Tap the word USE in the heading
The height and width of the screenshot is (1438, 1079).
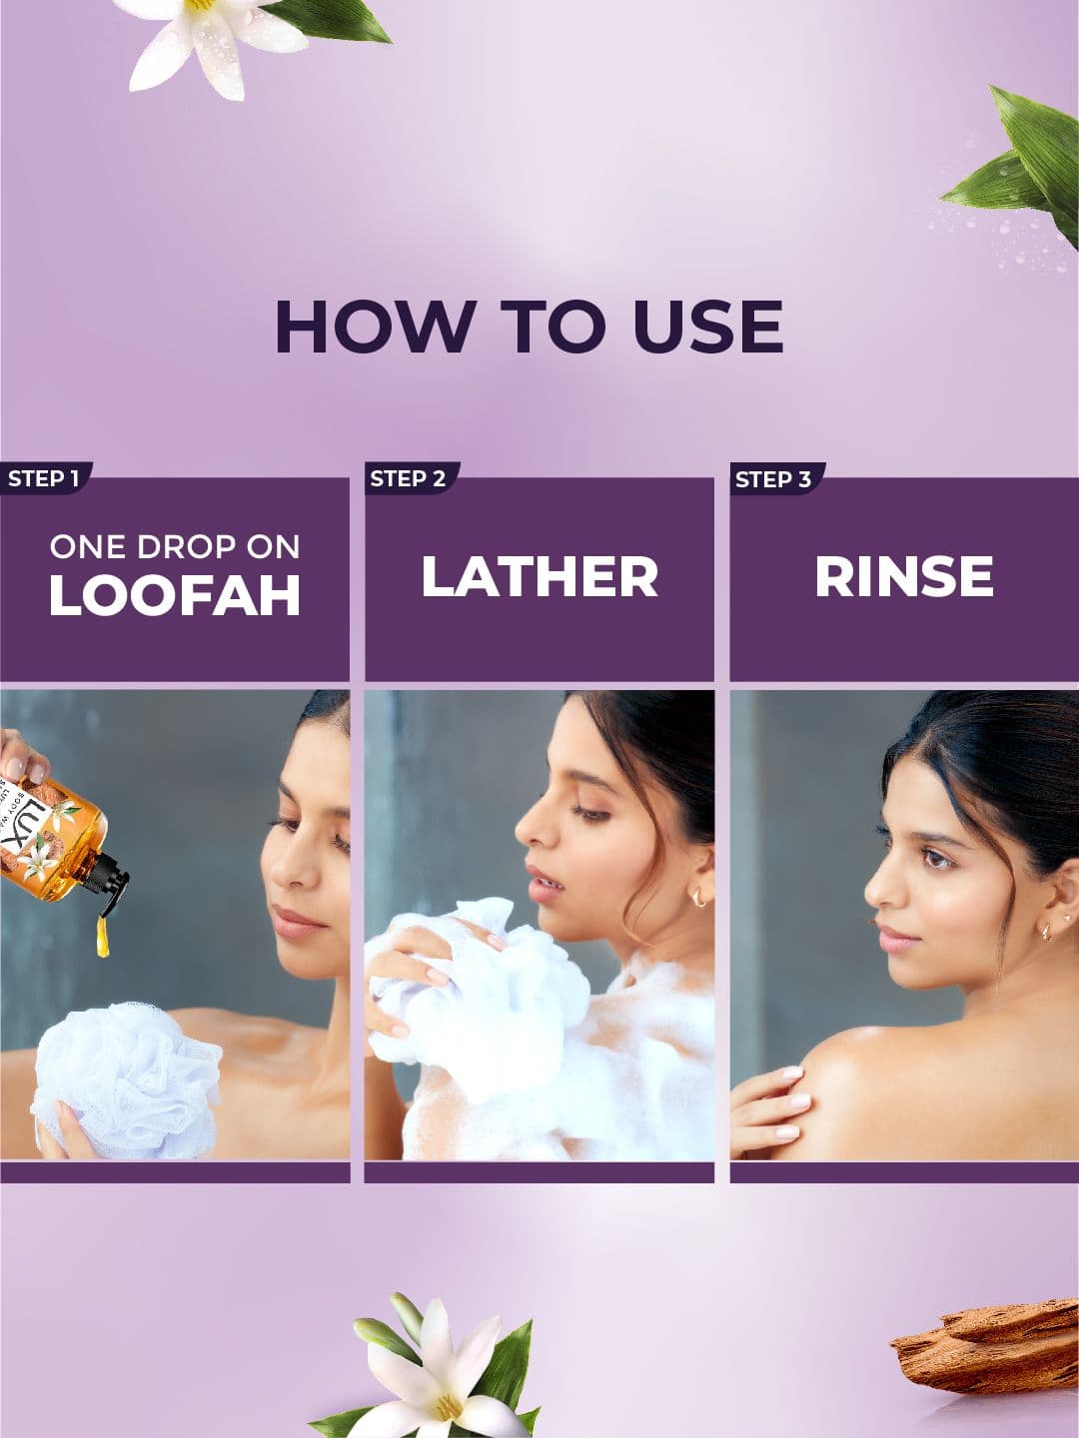point(708,327)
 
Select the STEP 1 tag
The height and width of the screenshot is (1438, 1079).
point(45,478)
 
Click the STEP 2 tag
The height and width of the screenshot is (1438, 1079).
point(410,478)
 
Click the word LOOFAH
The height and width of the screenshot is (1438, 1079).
point(175,595)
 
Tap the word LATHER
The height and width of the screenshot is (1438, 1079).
point(539,576)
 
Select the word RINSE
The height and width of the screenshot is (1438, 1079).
point(904,576)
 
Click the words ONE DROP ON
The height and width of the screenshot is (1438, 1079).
point(175,546)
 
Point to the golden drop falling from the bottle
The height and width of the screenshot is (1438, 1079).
point(103,936)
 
